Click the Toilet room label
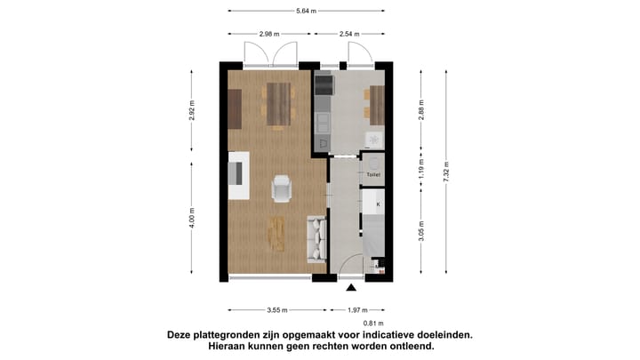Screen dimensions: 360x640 [x=372, y=175]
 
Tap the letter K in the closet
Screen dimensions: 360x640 [x=378, y=204]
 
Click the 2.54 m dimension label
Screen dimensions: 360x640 [x=348, y=34]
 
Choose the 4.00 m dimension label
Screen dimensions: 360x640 [x=192, y=218]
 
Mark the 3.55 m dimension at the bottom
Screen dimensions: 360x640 [x=277, y=310]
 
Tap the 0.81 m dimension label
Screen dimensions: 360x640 [x=374, y=323]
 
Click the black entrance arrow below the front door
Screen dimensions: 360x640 [x=352, y=287]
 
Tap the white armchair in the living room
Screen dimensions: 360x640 [x=282, y=188]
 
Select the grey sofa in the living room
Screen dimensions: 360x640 [x=316, y=238]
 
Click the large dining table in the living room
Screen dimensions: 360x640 [x=278, y=104]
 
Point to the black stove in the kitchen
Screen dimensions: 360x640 [x=324, y=84]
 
